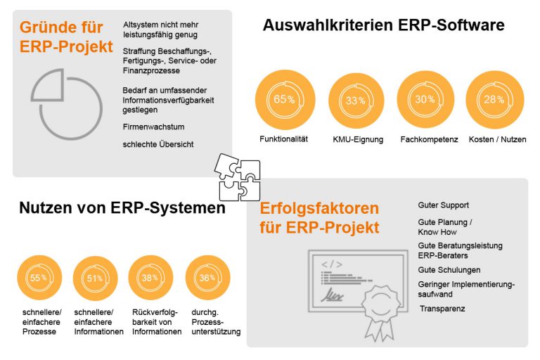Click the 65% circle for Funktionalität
[x=285, y=100]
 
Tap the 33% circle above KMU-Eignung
[x=356, y=101]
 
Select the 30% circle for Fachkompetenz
[x=425, y=100]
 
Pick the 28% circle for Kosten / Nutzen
[x=494, y=100]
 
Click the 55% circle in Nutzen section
[x=39, y=278]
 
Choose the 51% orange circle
[x=95, y=278]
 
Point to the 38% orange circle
[x=150, y=278]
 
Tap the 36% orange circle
[x=207, y=278]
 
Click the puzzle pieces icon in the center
[x=238, y=177]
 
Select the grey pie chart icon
[x=67, y=104]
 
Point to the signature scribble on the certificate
[x=332, y=295]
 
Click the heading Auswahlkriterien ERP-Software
[x=384, y=25]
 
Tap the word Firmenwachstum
[x=153, y=127]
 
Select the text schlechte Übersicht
[x=158, y=144]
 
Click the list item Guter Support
[x=443, y=205]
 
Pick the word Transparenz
[x=442, y=309]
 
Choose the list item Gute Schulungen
[x=449, y=270]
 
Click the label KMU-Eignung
[x=358, y=139]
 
